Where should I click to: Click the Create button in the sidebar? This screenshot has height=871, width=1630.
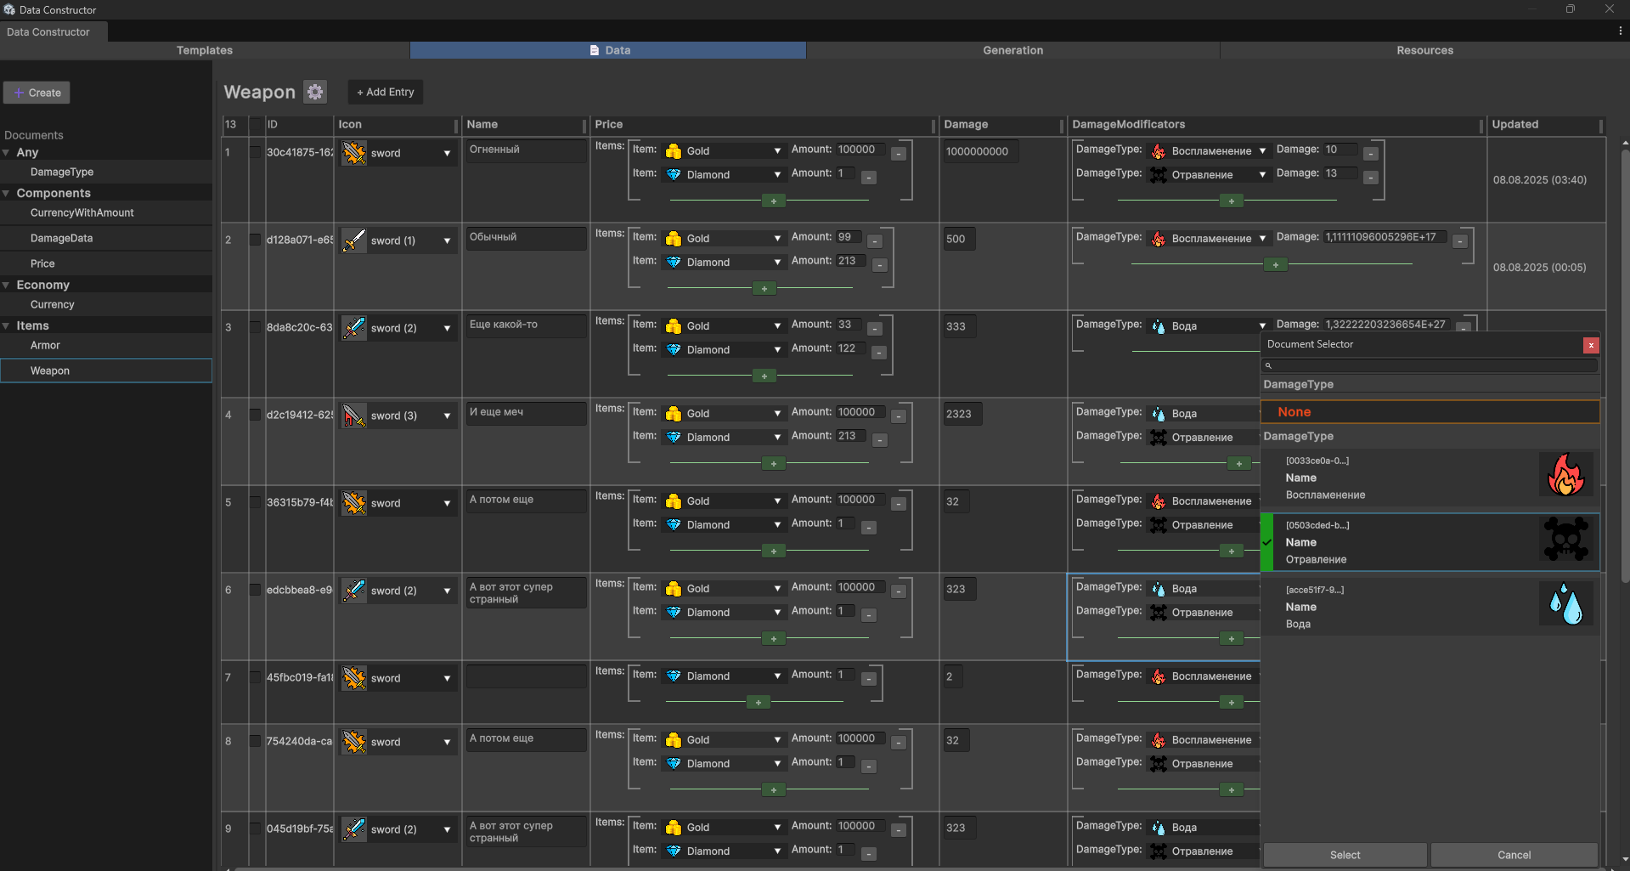click(x=37, y=93)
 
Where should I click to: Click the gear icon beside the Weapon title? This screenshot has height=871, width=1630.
click(x=315, y=92)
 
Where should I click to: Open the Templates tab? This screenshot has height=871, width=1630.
click(x=205, y=51)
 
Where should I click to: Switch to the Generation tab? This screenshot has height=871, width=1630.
click(x=1012, y=51)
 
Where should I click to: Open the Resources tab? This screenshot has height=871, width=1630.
click(x=1424, y=51)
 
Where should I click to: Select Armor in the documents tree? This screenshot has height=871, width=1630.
click(x=46, y=346)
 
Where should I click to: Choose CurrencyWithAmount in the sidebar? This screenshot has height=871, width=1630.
click(x=82, y=213)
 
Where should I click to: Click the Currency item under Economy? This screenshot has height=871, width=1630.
click(x=53, y=305)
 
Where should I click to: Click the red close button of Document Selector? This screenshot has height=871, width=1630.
click(x=1591, y=345)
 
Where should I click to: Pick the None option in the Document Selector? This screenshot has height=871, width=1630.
click(x=1430, y=412)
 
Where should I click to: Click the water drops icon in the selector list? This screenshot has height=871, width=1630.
click(x=1565, y=604)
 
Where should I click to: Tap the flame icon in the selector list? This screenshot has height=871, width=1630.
click(x=1565, y=475)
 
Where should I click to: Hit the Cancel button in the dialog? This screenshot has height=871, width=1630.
click(x=1514, y=855)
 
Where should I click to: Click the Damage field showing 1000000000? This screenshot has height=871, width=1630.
click(x=979, y=152)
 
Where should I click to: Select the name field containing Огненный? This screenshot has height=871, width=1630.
click(x=525, y=150)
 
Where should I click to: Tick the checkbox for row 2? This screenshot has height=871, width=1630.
click(x=255, y=240)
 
